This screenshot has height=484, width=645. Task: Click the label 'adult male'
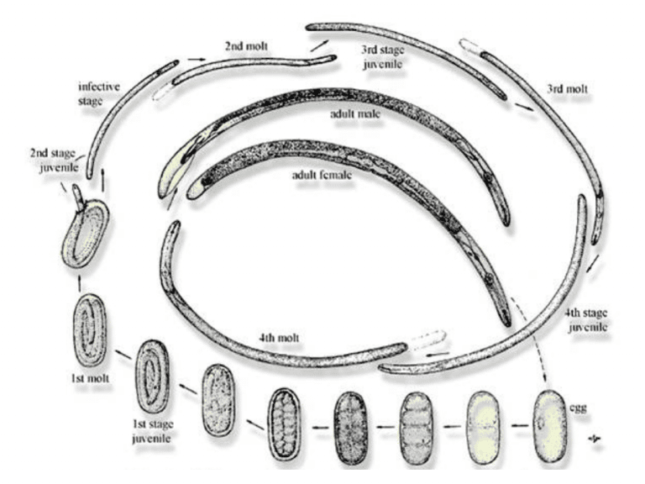pyautogui.click(x=354, y=113)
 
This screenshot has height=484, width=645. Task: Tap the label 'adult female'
pyautogui.click(x=322, y=175)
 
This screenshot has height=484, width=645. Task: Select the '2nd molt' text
pyautogui.click(x=246, y=45)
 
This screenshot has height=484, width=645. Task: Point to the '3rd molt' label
pyautogui.click(x=567, y=89)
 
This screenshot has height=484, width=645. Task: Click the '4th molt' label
pyautogui.click(x=279, y=339)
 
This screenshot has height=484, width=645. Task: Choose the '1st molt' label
pyautogui.click(x=90, y=378)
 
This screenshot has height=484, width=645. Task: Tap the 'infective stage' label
pyautogui.click(x=99, y=94)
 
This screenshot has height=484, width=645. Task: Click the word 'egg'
pyautogui.click(x=578, y=408)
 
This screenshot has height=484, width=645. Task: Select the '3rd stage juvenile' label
pyautogui.click(x=383, y=57)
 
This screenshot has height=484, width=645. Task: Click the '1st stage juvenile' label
pyautogui.click(x=152, y=431)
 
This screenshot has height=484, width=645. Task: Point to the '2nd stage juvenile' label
pyautogui.click(x=54, y=160)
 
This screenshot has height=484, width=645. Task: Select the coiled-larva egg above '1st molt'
pyautogui.click(x=90, y=329)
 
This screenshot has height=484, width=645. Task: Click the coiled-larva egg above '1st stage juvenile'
pyautogui.click(x=153, y=376)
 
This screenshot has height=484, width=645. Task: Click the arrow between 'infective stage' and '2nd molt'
pyautogui.click(x=196, y=60)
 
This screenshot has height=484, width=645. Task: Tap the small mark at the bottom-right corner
pyautogui.click(x=595, y=440)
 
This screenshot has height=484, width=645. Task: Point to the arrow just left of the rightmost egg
pyautogui.click(x=520, y=424)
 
